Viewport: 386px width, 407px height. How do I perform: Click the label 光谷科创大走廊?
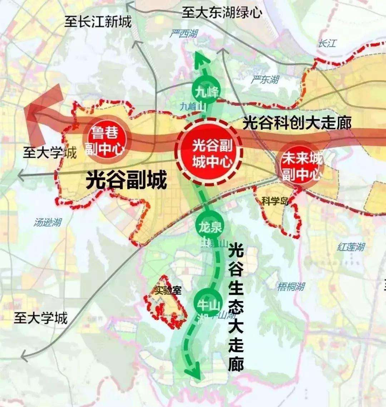[x=297, y=123]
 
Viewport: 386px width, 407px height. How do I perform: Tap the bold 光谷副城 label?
[x=127, y=180]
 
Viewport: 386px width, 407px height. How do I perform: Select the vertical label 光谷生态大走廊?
[x=236, y=307]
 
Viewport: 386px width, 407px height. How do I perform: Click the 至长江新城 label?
[x=98, y=22]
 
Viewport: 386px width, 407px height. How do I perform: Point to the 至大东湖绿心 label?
[x=222, y=13]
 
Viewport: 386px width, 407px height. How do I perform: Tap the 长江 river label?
[x=327, y=44]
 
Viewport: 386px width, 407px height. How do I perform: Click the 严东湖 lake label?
[x=264, y=79]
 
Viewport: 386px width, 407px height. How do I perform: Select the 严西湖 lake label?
[x=184, y=34]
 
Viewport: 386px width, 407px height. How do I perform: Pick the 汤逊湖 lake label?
[x=48, y=222]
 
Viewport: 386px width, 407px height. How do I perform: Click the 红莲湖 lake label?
[x=351, y=247]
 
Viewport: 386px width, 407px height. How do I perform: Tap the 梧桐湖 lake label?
[x=291, y=286]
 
